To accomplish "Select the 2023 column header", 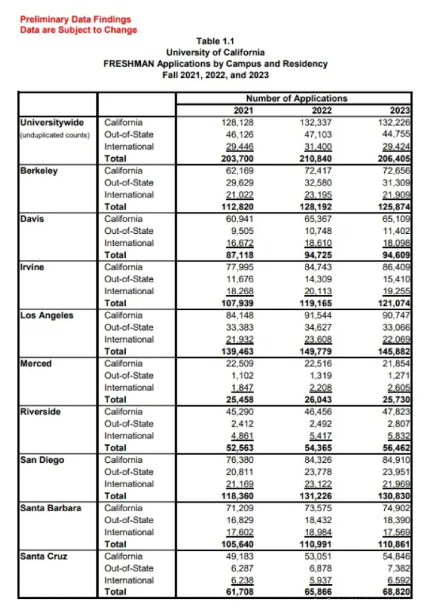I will click(401, 110).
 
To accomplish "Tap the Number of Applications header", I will click(296, 99).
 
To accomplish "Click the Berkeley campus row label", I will click(39, 170).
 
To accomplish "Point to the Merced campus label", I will click(36, 364).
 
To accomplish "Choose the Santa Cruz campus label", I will click(45, 556).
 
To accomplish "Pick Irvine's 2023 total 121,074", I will click(394, 303).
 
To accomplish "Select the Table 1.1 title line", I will click(215, 41).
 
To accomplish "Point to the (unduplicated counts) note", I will click(55, 135).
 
